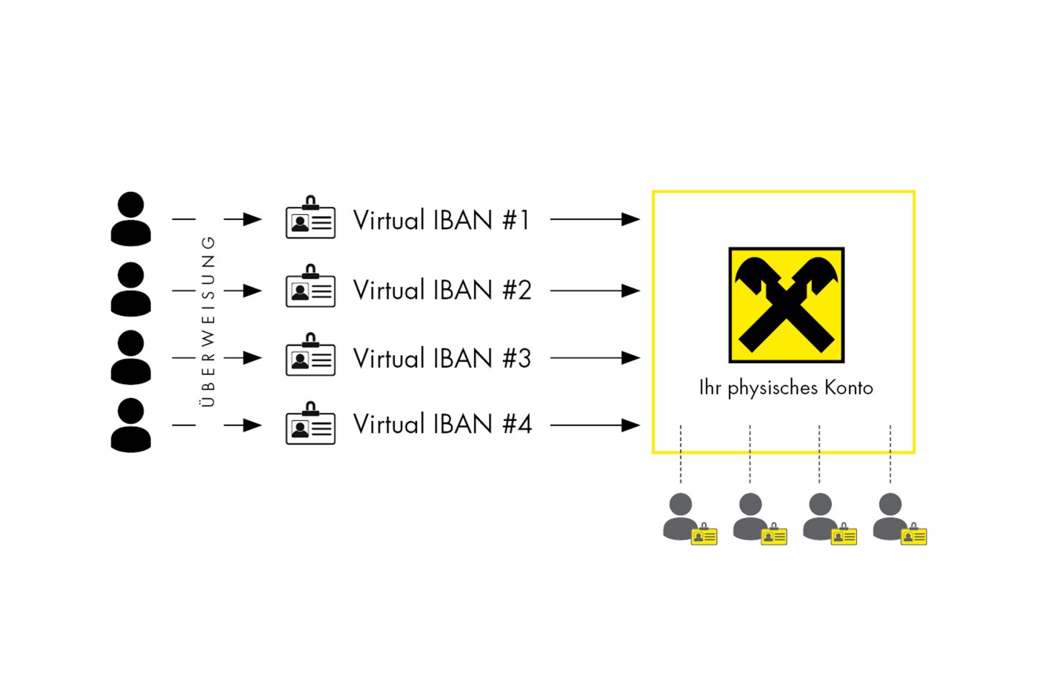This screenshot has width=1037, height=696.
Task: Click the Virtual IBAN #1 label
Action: pyautogui.click(x=441, y=220)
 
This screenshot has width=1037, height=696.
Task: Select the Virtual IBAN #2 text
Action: pyautogui.click(x=441, y=290)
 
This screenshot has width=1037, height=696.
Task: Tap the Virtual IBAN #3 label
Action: pyautogui.click(x=441, y=358)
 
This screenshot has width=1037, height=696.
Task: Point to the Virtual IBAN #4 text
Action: pyautogui.click(x=441, y=425)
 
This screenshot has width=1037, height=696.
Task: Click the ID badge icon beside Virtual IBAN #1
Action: pyautogui.click(x=310, y=218)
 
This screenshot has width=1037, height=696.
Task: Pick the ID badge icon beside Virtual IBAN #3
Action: pyautogui.click(x=310, y=356)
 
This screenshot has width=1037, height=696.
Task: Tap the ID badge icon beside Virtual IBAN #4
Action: pyautogui.click(x=310, y=424)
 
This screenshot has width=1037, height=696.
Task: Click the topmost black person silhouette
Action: pyautogui.click(x=131, y=219)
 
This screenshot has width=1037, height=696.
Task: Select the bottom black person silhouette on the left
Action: pyautogui.click(x=131, y=425)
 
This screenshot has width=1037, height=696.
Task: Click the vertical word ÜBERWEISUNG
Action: pyautogui.click(x=208, y=321)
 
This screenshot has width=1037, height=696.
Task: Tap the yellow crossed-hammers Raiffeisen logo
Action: pyautogui.click(x=786, y=305)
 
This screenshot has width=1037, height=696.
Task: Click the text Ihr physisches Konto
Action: pyautogui.click(x=786, y=388)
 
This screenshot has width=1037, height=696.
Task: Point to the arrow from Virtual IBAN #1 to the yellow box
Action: pyautogui.click(x=594, y=219)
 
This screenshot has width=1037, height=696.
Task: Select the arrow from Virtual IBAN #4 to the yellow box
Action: pyautogui.click(x=594, y=425)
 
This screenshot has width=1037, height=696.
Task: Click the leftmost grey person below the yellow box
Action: pyautogui.click(x=681, y=516)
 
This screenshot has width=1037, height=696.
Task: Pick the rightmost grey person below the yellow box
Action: pyautogui.click(x=890, y=516)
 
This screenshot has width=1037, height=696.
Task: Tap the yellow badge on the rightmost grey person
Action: pyautogui.click(x=914, y=535)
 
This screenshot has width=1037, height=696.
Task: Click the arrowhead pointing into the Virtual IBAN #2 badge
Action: pyautogui.click(x=252, y=291)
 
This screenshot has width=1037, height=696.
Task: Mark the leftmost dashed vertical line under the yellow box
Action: pyautogui.click(x=681, y=454)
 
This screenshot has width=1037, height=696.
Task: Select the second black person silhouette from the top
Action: pyautogui.click(x=131, y=288)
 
